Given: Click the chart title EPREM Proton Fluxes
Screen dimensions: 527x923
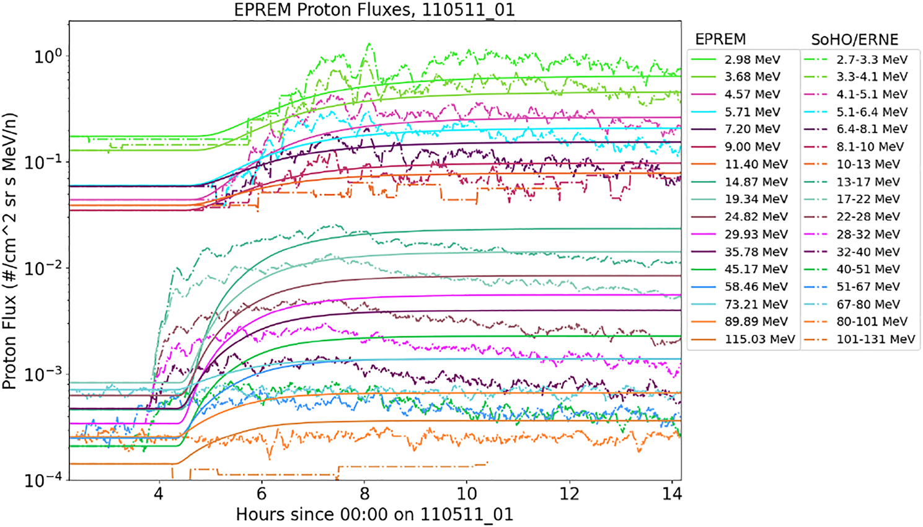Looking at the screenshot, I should (374, 10).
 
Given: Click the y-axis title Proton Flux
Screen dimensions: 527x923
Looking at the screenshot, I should (9, 251).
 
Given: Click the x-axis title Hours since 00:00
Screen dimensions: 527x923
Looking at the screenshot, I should (374, 515).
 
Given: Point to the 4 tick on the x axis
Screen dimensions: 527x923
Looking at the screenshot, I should (159, 494).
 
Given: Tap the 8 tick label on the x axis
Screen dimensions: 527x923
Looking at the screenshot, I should (364, 494).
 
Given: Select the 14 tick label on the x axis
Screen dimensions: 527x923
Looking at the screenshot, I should (672, 494).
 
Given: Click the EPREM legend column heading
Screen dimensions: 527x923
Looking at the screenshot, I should (720, 40).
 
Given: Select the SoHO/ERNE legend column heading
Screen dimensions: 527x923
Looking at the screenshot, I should (854, 40).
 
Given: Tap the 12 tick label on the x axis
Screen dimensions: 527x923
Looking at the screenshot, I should (569, 494).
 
